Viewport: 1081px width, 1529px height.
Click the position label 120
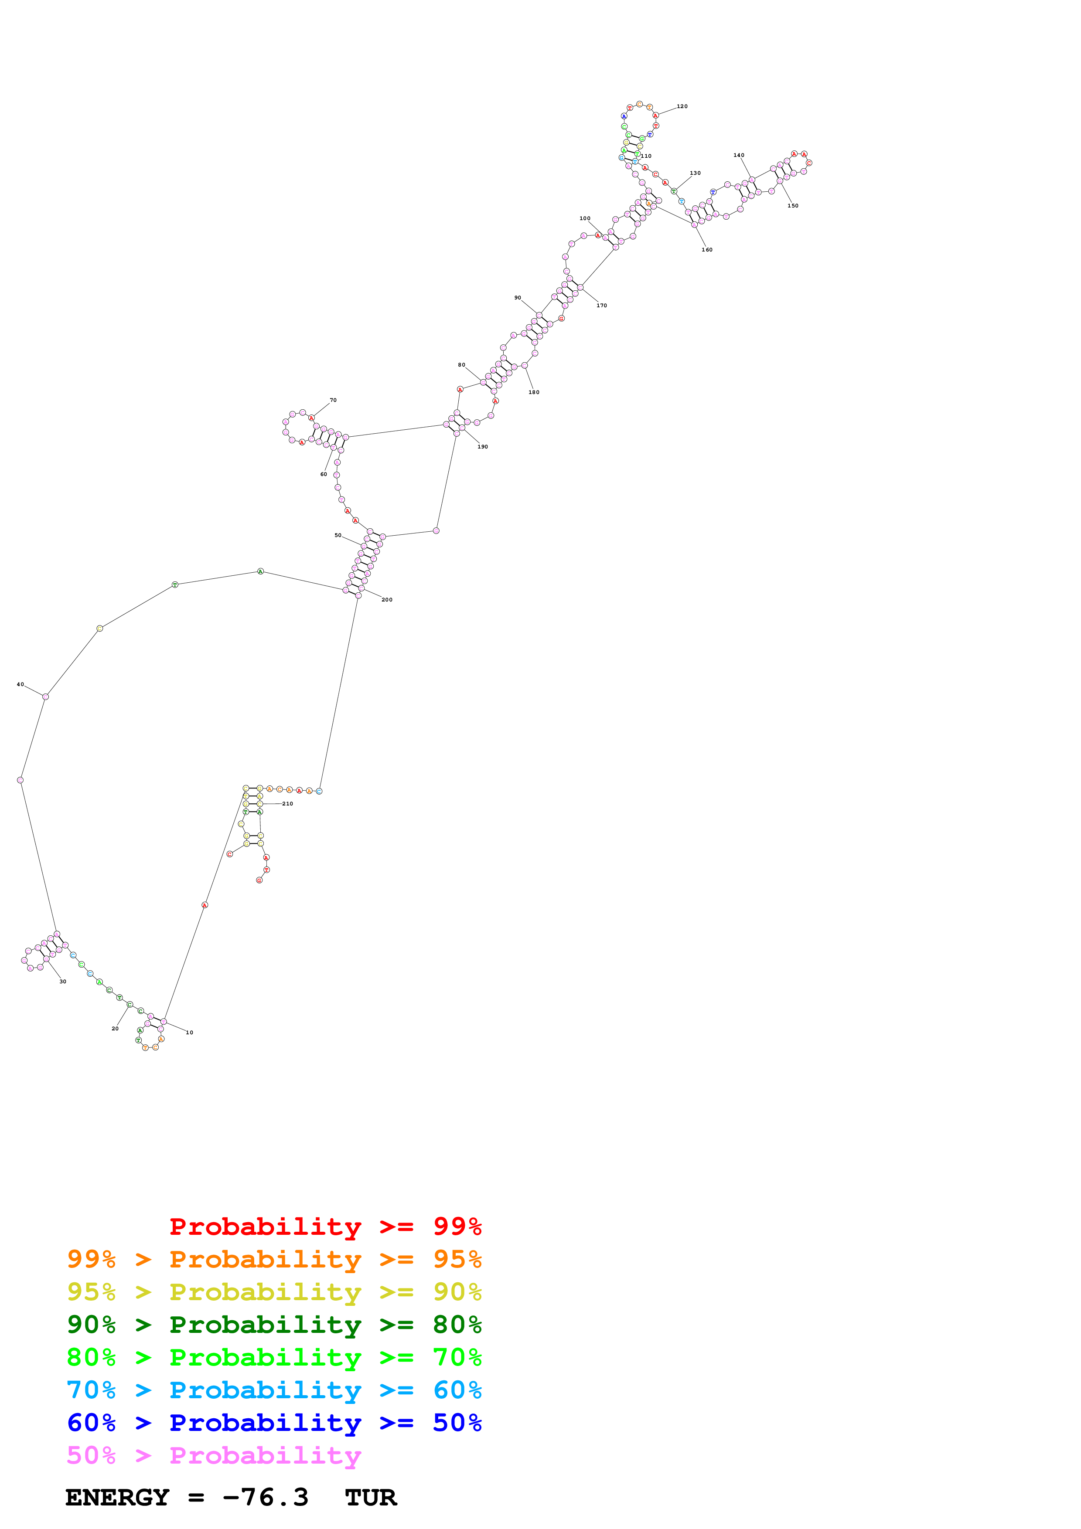(x=682, y=106)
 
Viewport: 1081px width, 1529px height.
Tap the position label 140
(x=739, y=155)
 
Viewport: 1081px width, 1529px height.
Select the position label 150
(x=793, y=206)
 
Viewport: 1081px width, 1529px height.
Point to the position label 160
(x=707, y=250)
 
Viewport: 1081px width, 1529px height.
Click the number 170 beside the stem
(x=601, y=306)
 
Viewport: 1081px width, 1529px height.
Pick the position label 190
(x=482, y=447)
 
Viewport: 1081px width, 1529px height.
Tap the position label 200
(x=387, y=600)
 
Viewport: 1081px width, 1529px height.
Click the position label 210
(x=288, y=804)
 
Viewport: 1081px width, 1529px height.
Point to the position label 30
(x=63, y=982)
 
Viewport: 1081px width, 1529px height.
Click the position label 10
(x=190, y=1033)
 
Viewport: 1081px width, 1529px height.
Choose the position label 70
(x=333, y=400)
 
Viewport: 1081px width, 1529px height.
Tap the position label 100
(x=585, y=218)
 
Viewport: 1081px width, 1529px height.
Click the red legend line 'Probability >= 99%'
(x=325, y=1227)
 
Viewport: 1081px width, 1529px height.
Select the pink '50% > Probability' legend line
(x=214, y=1456)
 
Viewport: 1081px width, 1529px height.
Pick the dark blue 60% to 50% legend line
(x=274, y=1423)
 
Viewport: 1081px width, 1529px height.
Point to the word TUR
(x=371, y=1498)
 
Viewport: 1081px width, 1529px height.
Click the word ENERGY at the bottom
(x=117, y=1498)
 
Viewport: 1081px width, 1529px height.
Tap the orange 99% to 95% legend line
(x=274, y=1259)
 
